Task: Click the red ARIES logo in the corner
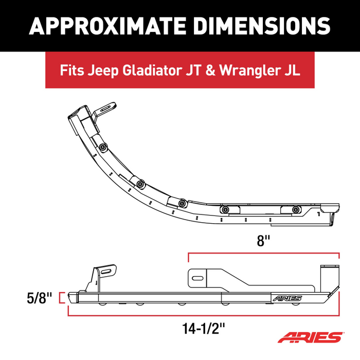[311, 338]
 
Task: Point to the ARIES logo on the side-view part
[289, 298]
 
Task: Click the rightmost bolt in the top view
[295, 209]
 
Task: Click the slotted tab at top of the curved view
[105, 109]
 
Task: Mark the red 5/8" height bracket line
[62, 297]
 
